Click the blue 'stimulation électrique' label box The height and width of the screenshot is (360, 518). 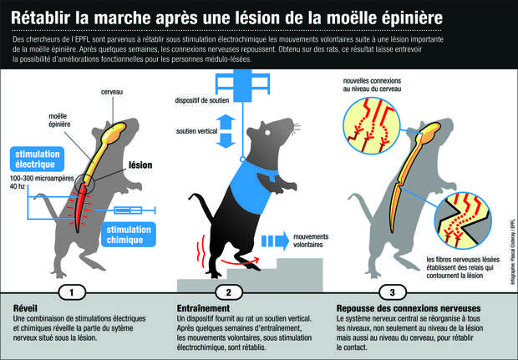pos(37,160)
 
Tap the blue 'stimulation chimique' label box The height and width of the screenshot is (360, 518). pos(129,235)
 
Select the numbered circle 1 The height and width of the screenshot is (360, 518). pos(72,292)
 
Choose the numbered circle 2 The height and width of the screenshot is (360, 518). pos(229,292)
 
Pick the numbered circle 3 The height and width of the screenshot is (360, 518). pos(393,292)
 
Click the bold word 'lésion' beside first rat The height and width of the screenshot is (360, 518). pos(140,165)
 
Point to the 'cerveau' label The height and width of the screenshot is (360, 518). pos(112,92)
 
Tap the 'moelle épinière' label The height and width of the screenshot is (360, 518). pos(59,120)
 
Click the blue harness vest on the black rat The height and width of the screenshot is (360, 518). pos(251,188)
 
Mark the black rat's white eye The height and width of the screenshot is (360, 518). pos(267,133)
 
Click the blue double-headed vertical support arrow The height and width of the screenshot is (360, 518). pos(226,131)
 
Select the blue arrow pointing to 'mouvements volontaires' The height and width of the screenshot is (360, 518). pos(275,241)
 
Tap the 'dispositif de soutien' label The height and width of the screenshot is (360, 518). pos(202,100)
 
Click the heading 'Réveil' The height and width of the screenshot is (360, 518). pos(25,308)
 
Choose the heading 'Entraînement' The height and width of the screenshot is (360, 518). pos(203,308)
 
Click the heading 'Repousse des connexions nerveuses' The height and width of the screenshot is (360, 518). pos(409,308)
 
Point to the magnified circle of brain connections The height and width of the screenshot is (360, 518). pos(372,126)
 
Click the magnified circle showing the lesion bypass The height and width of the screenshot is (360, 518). pos(464,220)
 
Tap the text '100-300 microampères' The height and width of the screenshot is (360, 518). pos(42,179)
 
